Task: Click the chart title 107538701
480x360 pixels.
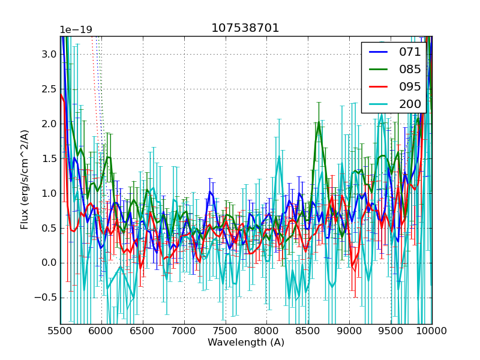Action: [245, 28]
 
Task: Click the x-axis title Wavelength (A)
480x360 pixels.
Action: [246, 343]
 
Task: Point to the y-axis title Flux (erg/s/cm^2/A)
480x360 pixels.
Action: [25, 179]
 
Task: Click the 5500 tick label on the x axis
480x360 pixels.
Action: [60, 331]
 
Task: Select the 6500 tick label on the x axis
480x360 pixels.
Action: [143, 331]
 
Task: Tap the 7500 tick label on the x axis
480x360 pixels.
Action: [226, 331]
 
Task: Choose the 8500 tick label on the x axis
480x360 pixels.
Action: [308, 331]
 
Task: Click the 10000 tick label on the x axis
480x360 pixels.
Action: [432, 331]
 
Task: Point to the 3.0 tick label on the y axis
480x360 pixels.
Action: [49, 54]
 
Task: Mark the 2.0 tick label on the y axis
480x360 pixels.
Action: [49, 124]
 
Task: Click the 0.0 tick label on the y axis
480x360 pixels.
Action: [49, 263]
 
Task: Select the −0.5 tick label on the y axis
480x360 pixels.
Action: [46, 298]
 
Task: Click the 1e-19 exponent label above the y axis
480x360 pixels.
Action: [76, 30]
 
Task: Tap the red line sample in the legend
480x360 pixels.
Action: [378, 86]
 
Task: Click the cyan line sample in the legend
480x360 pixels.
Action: [378, 104]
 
